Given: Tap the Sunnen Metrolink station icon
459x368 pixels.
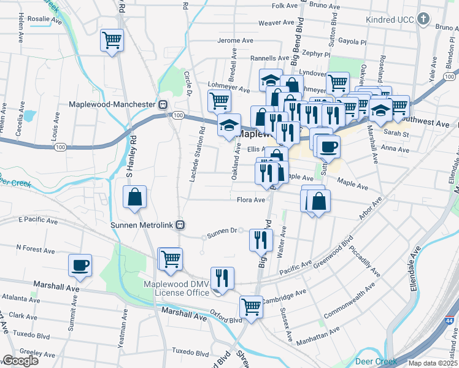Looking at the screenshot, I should click(180, 224).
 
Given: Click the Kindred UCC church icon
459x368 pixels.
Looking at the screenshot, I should click(423, 20).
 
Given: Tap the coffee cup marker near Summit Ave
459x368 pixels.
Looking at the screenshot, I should click(80, 265).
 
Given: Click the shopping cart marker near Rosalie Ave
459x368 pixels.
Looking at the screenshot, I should click(112, 40).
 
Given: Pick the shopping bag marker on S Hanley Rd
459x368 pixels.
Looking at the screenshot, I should click(135, 197).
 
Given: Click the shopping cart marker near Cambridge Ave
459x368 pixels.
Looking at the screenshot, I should click(251, 306).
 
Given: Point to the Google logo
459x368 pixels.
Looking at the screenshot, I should click(20, 361).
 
